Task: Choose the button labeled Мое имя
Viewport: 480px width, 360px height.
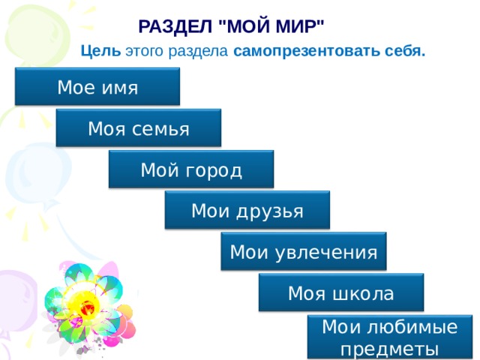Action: click(x=97, y=87)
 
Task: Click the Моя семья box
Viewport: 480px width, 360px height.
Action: click(x=139, y=128)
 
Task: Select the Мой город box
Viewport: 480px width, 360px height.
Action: click(x=191, y=169)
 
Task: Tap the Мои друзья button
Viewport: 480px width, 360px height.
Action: click(x=247, y=211)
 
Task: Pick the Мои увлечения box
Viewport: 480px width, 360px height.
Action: click(x=304, y=252)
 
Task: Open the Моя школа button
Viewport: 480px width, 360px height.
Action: click(x=341, y=292)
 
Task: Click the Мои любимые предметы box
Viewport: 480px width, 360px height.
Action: click(x=390, y=337)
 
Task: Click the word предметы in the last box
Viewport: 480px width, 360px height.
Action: click(x=390, y=349)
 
